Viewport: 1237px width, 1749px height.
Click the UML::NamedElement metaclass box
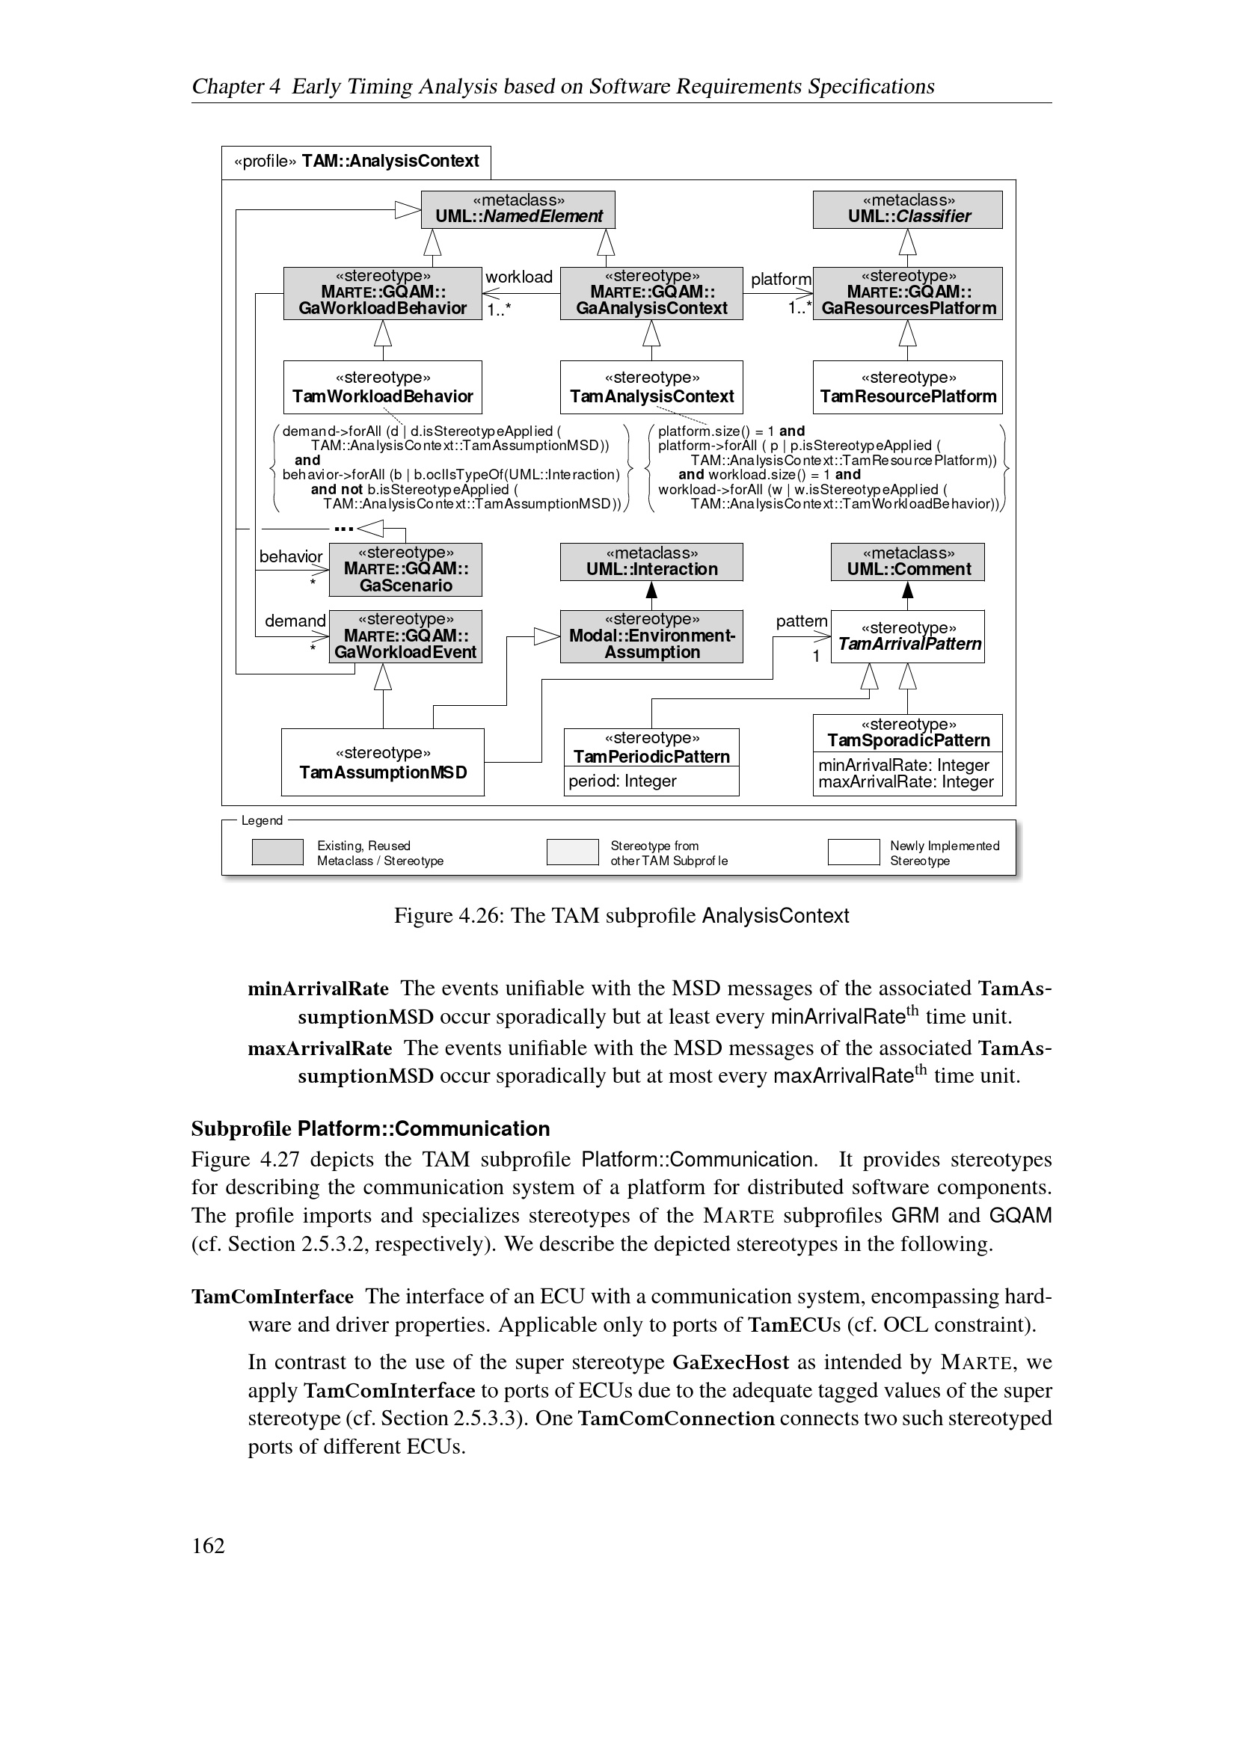tap(518, 209)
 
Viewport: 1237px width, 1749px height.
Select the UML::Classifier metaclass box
tap(907, 209)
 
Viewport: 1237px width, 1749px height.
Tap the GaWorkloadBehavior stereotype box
tap(382, 293)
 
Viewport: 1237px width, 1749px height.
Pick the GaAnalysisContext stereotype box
tap(651, 293)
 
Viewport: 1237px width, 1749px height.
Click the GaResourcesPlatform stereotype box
tap(907, 293)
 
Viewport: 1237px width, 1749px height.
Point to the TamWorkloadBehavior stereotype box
tap(382, 388)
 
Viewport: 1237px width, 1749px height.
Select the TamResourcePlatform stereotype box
tap(907, 388)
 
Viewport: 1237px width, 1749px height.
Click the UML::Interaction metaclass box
tap(651, 562)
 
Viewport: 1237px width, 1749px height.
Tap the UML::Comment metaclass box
tap(907, 562)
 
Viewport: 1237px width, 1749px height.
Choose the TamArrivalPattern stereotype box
tap(907, 637)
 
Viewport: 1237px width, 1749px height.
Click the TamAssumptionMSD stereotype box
tap(382, 763)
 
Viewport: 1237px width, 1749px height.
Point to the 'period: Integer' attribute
tap(622, 781)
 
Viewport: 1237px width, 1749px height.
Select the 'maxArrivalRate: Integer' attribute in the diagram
tap(906, 782)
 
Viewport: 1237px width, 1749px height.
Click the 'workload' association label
tap(519, 277)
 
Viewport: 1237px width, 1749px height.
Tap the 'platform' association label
tap(781, 280)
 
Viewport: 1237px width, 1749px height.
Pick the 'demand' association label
tap(295, 621)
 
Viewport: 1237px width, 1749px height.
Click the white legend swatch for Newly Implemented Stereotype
tap(853, 852)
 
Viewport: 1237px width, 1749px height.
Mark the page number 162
tap(208, 1546)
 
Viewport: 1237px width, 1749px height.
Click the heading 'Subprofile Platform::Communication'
tap(370, 1128)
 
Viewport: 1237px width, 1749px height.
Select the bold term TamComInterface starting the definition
tap(272, 1297)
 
